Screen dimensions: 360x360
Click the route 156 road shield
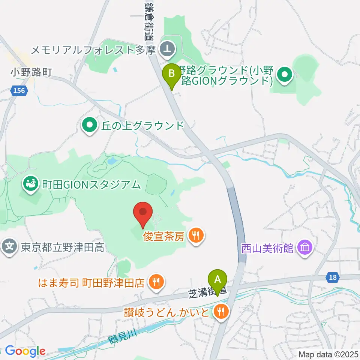coord(19,91)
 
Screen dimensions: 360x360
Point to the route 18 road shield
coord(332,277)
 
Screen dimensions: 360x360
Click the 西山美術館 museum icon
coord(304,247)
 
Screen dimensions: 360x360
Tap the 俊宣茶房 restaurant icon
coord(196,236)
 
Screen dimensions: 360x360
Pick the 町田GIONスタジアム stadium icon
coord(30,184)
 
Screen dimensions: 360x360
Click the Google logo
coord(25,351)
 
